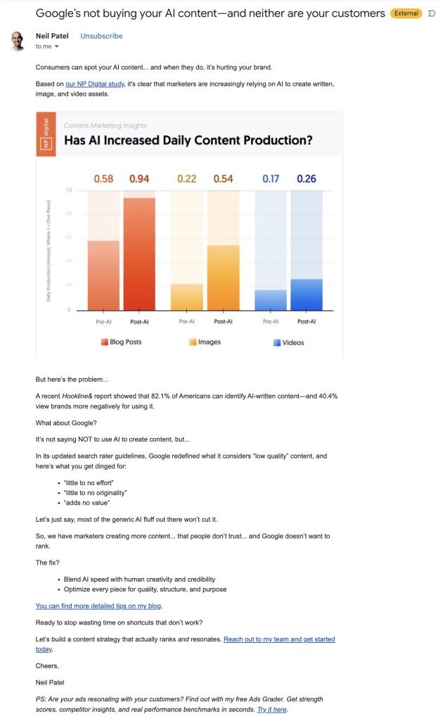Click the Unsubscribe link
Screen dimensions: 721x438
click(x=101, y=36)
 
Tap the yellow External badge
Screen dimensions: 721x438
click(x=406, y=13)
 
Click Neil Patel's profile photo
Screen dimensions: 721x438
click(x=18, y=41)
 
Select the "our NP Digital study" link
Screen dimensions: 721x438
click(x=95, y=84)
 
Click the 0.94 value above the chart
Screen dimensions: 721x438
click(x=139, y=179)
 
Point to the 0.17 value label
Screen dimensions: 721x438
click(x=271, y=179)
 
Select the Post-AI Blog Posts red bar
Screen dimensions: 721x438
click(x=139, y=253)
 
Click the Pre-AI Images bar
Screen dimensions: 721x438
click(x=187, y=296)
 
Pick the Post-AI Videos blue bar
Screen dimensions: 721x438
click(x=307, y=294)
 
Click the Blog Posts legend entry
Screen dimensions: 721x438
click(x=121, y=342)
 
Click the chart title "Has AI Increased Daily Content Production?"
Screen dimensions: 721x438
click(x=188, y=140)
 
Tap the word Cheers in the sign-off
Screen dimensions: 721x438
click(x=47, y=665)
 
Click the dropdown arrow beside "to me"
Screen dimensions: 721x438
click(x=57, y=46)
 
